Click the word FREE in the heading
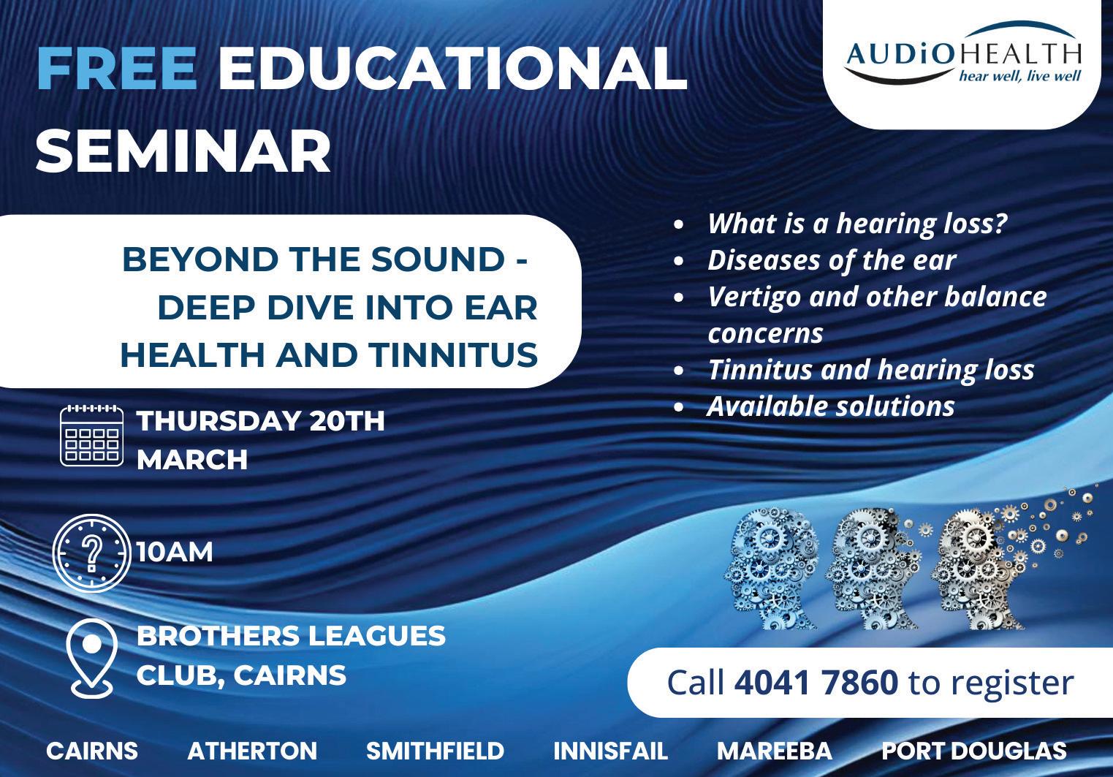point(117,69)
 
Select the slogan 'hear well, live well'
point(1020,76)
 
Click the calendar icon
point(91,436)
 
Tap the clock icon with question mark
point(91,553)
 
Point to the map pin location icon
point(92,658)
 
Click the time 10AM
point(175,552)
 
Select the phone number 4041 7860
point(816,683)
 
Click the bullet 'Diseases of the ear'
point(832,260)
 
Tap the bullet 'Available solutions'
point(831,406)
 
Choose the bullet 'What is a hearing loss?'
point(857,224)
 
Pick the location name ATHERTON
point(252,751)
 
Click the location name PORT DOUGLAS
point(974,751)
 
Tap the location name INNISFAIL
point(611,751)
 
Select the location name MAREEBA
point(775,751)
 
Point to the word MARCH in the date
point(192,459)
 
